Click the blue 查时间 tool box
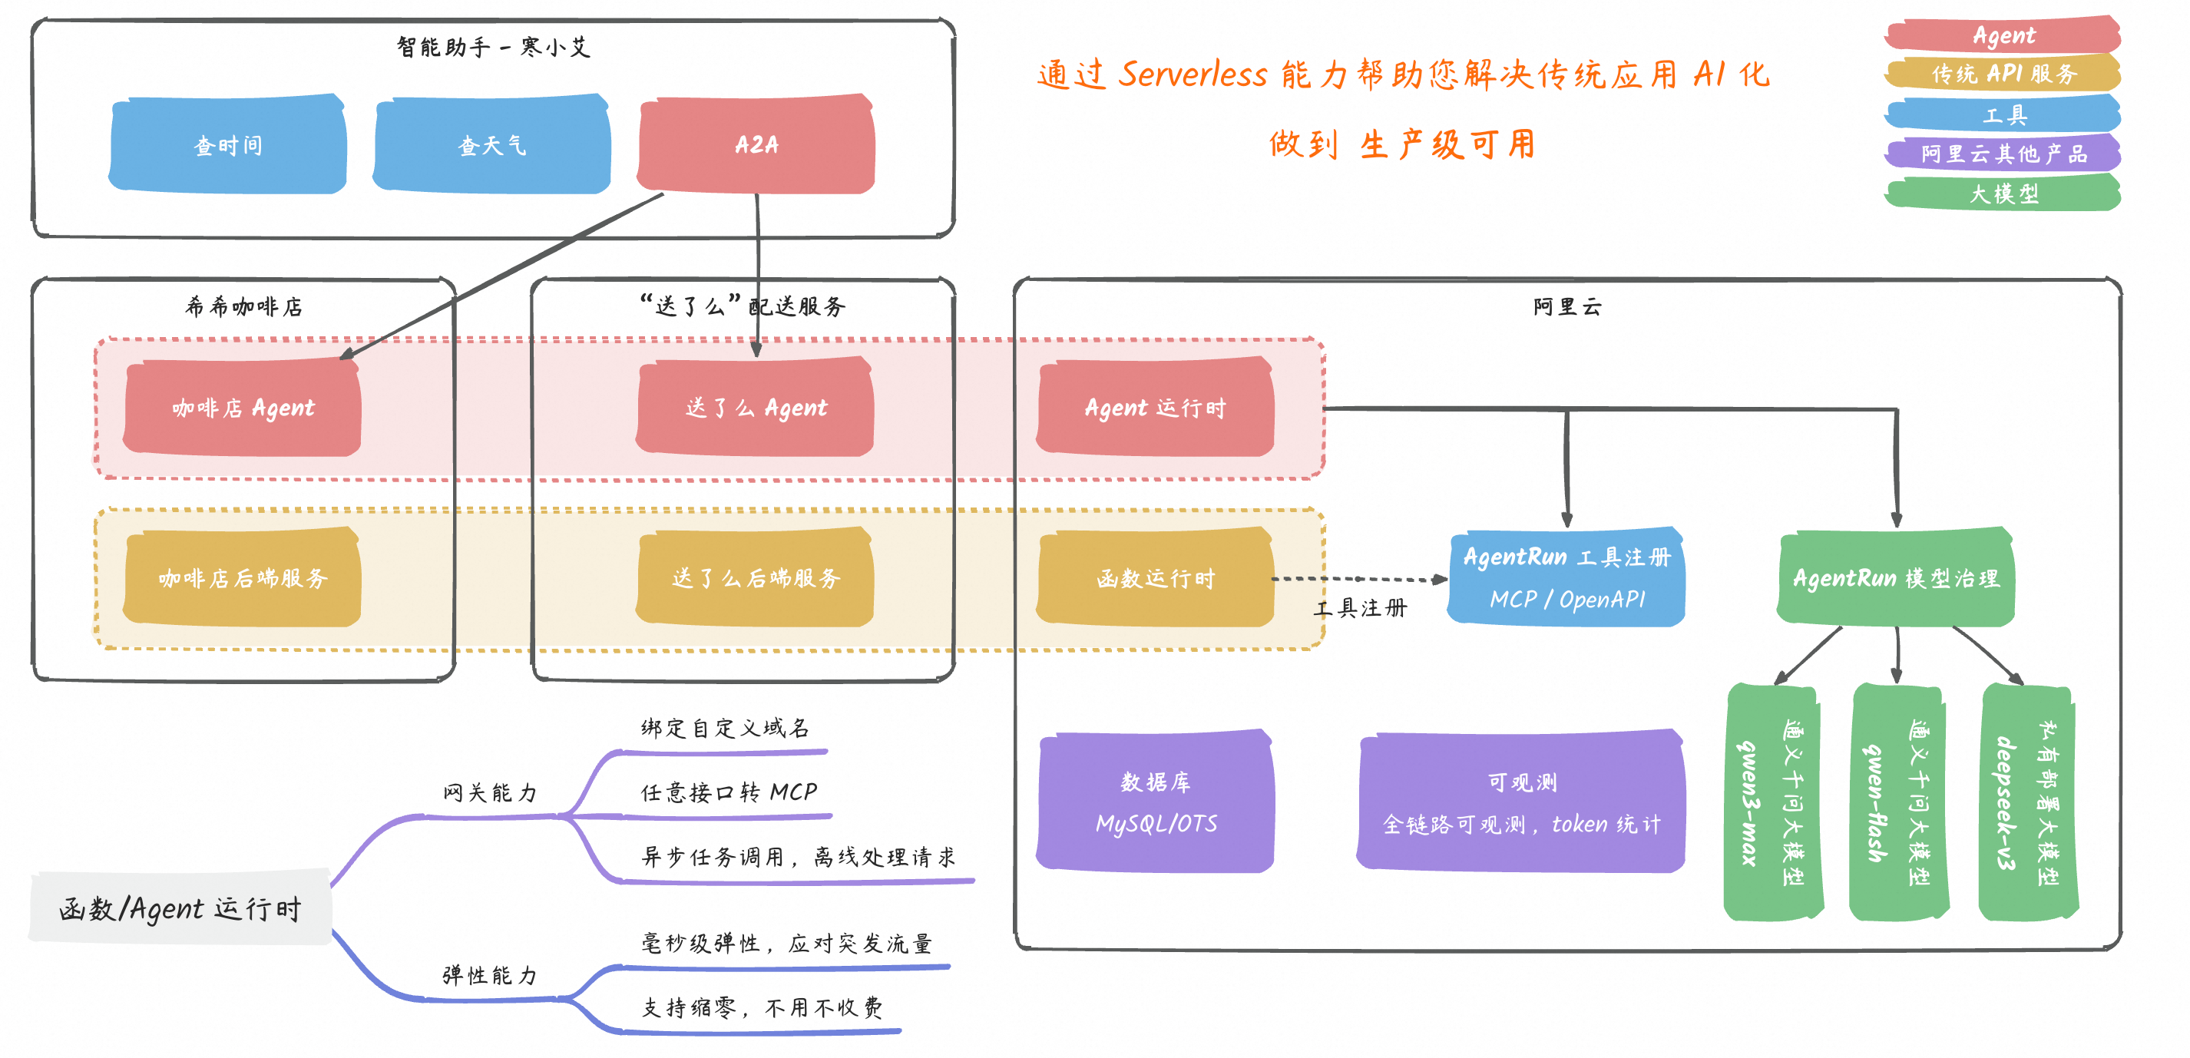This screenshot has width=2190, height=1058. coord(228,144)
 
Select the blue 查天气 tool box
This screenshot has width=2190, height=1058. coord(491,144)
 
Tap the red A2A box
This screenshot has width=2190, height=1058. coord(756,144)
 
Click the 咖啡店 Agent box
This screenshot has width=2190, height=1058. coord(243,408)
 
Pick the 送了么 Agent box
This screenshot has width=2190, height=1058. coord(756,408)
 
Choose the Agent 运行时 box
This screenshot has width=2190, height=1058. coord(1155,408)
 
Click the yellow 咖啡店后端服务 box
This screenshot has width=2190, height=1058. coord(243,578)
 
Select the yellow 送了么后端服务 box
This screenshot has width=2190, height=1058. coord(756,578)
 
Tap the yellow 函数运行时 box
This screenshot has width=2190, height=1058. coord(1155,578)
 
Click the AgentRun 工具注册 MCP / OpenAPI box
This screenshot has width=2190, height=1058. coord(1566,578)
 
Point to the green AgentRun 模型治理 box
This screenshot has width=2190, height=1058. coord(1896,578)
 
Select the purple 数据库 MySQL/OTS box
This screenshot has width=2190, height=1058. coord(1155,802)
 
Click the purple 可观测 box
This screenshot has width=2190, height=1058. coord(1521,802)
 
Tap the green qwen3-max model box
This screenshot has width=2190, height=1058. coord(1772,803)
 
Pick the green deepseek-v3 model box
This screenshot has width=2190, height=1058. coord(2028,803)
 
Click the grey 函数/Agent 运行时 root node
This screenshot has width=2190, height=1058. coord(180,908)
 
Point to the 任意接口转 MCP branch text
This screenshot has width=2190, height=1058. coord(729,792)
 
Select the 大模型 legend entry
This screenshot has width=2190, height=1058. coord(2003,193)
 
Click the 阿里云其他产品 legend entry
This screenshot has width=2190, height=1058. coord(2003,154)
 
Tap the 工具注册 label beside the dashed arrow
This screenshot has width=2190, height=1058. coord(1360,607)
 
